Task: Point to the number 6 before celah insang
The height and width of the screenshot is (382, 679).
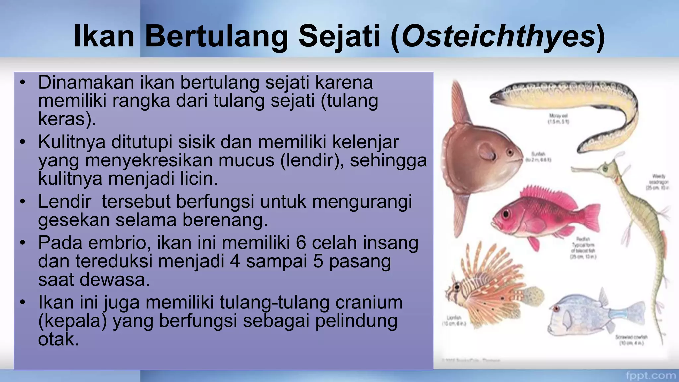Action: pos(301,243)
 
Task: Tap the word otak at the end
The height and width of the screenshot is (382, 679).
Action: pos(58,339)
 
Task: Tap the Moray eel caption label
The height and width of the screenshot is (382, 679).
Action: pos(558,118)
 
